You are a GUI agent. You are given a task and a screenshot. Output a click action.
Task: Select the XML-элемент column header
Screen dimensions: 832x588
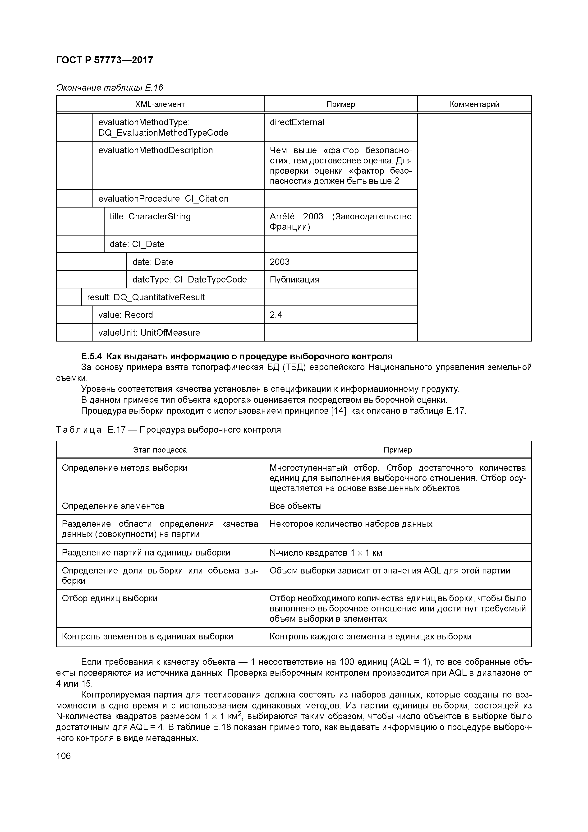[x=160, y=104]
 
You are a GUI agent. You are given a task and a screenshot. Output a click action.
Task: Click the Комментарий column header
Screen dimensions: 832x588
[x=474, y=104]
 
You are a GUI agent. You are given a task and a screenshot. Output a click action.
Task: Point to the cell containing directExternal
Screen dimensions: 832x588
[x=297, y=122]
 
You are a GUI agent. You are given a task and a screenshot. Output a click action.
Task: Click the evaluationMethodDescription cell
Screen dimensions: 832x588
[x=156, y=150]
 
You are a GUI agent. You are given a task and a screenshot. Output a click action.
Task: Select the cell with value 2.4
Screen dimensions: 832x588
[x=276, y=315]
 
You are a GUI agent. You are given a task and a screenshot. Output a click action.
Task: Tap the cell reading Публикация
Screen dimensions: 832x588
[x=294, y=280]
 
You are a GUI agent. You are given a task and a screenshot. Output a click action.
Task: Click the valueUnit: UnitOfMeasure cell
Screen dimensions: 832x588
[x=149, y=333]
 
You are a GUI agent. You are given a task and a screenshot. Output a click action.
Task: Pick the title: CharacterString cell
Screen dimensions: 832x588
[x=150, y=217]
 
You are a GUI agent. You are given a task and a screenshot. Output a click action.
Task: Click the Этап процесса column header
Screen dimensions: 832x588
[x=160, y=450]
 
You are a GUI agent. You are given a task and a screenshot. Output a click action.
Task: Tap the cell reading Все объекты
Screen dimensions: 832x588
[x=296, y=506]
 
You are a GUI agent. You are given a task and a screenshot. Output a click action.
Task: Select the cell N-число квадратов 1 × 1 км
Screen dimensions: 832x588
[x=326, y=553]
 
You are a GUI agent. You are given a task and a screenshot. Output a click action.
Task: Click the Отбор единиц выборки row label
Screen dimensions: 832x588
[x=110, y=598]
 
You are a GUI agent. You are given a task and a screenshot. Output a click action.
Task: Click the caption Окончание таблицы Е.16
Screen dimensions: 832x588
[x=109, y=88]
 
